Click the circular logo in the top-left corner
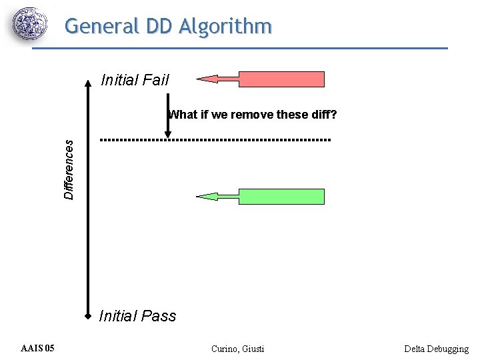[30, 25]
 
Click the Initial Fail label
[135, 81]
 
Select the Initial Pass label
[137, 316]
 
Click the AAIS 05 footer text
[38, 348]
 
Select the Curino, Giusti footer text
[237, 349]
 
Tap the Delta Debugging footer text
[436, 349]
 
